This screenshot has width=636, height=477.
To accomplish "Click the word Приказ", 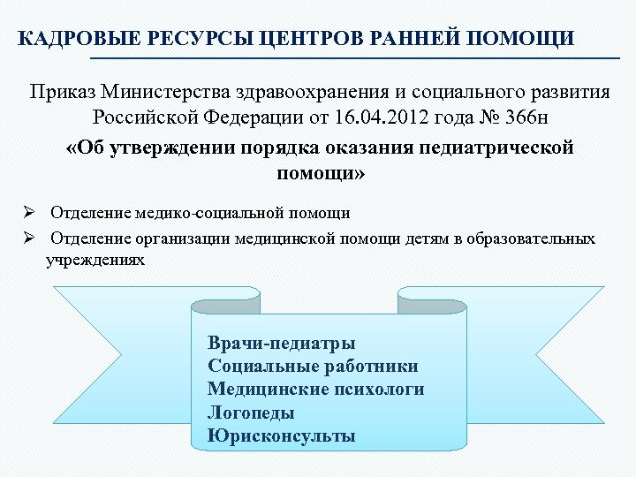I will click(63, 92).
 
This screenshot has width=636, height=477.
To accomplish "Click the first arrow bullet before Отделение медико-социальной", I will click(28, 213).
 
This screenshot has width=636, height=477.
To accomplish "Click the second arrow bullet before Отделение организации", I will click(28, 238).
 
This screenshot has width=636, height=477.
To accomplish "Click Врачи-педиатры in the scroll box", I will click(282, 343).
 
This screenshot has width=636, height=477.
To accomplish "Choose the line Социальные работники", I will click(313, 366).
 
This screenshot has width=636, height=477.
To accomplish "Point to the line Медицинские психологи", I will click(315, 389).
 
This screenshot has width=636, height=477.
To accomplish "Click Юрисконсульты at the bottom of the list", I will click(281, 435).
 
